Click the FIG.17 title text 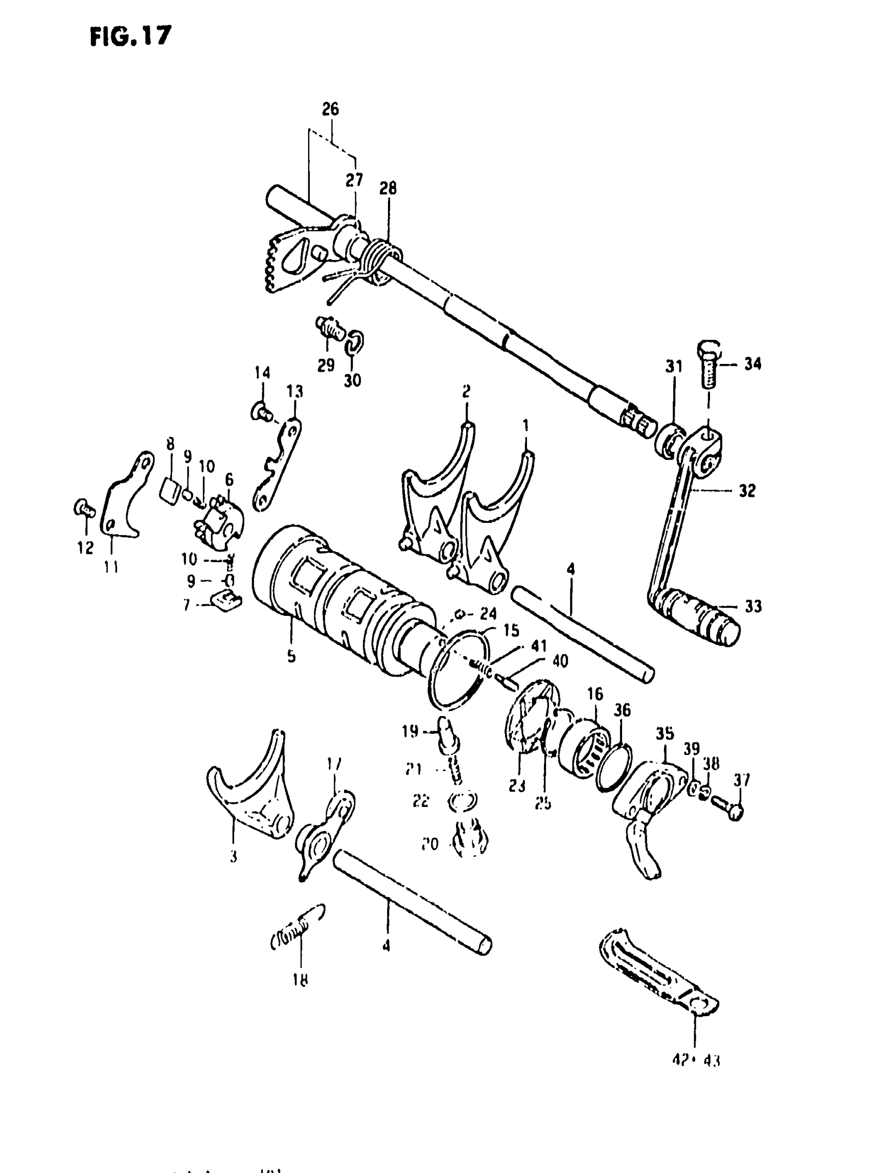tap(130, 37)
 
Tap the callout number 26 tap(330, 109)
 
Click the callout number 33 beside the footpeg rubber tap(753, 607)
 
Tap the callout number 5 tap(291, 656)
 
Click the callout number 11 tap(111, 567)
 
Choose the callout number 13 tap(294, 391)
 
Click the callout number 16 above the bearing tap(595, 694)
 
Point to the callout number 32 tap(747, 491)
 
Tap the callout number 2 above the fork tap(466, 391)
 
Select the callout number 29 tap(326, 364)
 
